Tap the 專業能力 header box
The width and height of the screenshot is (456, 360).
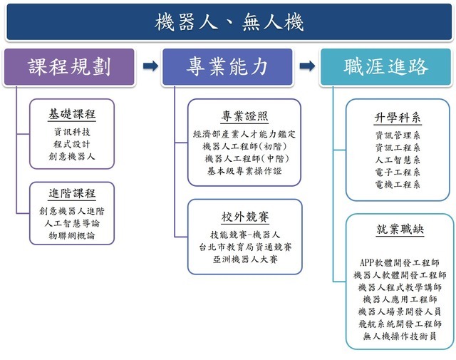228,67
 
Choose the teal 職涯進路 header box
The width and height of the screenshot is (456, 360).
385,67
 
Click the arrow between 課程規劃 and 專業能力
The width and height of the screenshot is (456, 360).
150,67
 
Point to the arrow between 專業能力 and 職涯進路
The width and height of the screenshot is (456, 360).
307,67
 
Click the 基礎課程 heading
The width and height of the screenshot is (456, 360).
72,114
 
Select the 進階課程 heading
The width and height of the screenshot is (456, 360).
72,194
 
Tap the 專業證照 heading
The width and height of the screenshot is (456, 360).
244,117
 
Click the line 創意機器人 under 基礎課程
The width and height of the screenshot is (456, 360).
72,156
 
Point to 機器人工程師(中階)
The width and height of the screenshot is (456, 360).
244,158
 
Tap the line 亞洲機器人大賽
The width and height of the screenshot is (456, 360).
244,259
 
